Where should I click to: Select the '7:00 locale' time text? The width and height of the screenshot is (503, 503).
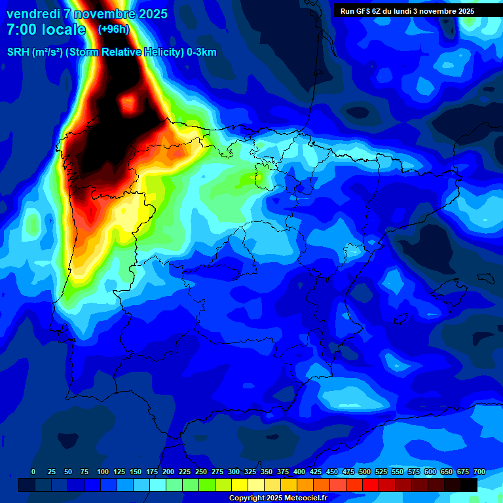pos(46,29)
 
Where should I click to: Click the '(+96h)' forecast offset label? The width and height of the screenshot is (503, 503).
pos(113,29)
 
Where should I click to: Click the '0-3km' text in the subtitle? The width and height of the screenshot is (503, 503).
pos(202,52)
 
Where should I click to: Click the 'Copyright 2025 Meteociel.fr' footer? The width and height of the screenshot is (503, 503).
pos(278,498)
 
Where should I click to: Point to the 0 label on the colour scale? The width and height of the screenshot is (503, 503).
pos(34,472)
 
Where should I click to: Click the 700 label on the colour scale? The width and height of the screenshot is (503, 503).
pos(479,472)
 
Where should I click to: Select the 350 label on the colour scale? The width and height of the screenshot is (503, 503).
pos(267,472)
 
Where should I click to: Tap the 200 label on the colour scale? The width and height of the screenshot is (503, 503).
pos(168,472)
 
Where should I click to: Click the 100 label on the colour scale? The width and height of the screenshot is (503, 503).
pos(103,472)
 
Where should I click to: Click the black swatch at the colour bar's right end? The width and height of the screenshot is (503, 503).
pos(469,485)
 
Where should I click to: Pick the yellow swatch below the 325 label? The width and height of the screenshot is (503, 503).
pos(240,485)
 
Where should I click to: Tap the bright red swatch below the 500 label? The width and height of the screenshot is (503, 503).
pos(354,485)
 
